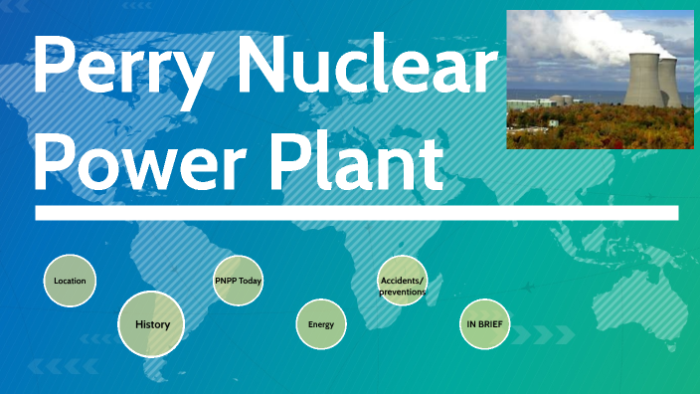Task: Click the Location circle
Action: (71, 281)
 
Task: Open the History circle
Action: (151, 324)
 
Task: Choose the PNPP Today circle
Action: (238, 281)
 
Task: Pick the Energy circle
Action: (320, 324)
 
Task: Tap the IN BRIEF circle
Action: (484, 324)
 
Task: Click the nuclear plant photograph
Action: (599, 79)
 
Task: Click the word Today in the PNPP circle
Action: (250, 281)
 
